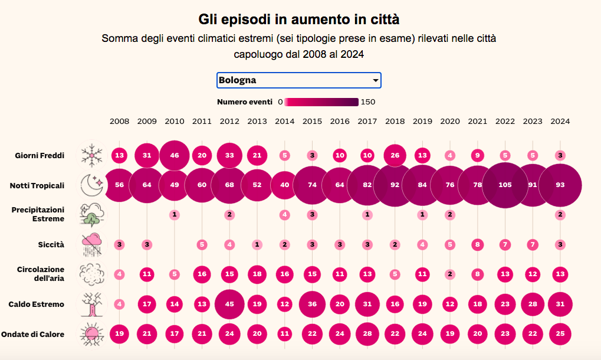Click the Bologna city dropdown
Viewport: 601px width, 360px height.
pos(298,80)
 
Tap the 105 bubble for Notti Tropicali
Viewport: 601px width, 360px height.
pos(505,185)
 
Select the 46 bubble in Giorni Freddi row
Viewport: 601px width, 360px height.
pos(175,156)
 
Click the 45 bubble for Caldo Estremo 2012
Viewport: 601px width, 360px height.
pos(229,305)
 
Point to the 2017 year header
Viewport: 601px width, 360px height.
pos(367,122)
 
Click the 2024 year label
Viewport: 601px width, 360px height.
pos(560,122)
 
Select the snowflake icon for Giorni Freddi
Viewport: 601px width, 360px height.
pos(92,156)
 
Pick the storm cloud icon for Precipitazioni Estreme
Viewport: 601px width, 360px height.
pos(94,215)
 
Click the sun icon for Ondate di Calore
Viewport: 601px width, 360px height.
pos(93,334)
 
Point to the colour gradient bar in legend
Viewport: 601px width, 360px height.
pos(321,102)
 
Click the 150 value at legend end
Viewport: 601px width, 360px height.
pos(368,102)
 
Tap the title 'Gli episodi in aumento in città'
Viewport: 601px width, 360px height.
pos(299,19)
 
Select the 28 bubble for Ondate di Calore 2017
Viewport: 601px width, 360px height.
pos(367,334)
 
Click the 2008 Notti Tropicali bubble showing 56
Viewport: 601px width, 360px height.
pos(119,185)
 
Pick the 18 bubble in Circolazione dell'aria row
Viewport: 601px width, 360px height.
pos(257,274)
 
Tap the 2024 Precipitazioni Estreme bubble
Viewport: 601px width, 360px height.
pos(560,215)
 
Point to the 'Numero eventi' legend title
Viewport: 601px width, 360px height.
pos(245,102)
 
